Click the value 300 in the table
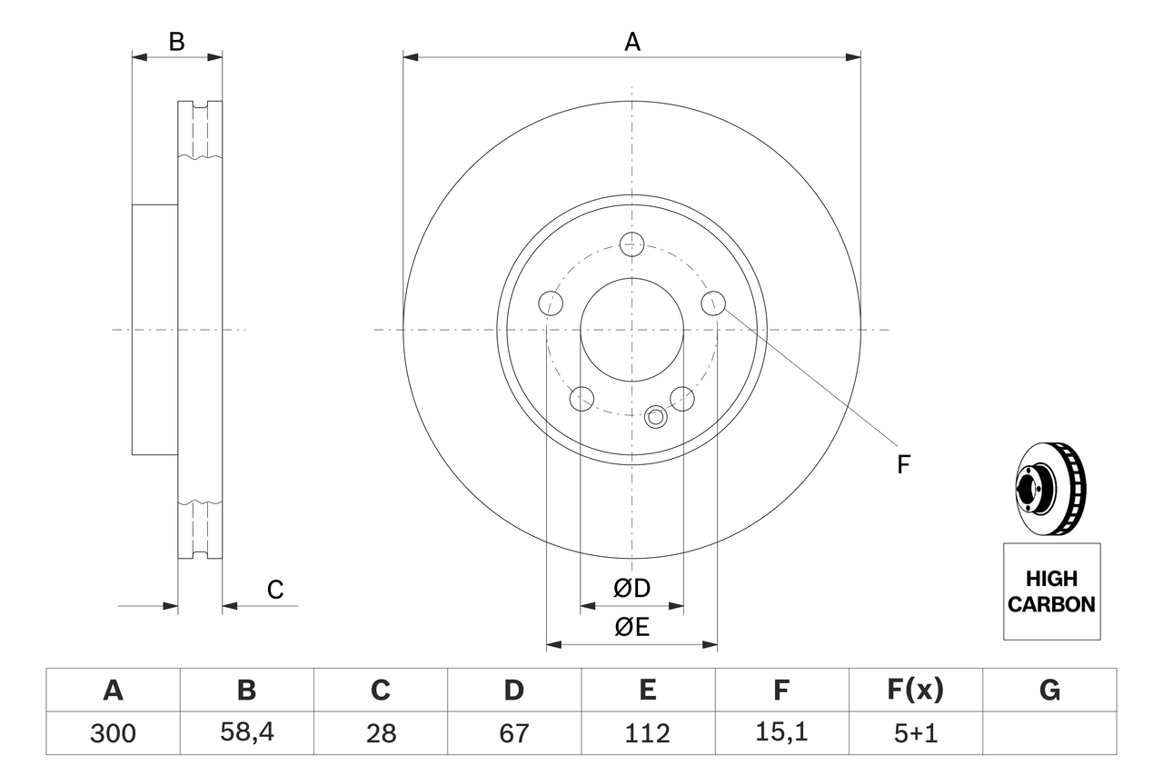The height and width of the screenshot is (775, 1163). (x=113, y=733)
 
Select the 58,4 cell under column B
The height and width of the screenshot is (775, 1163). (x=246, y=733)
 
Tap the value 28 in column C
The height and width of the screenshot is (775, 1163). (x=380, y=733)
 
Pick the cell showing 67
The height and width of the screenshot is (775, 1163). (x=513, y=733)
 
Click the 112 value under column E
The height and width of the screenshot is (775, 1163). (x=647, y=733)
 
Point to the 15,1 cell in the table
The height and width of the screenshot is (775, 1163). (x=780, y=733)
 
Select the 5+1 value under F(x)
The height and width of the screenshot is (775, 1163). (x=914, y=733)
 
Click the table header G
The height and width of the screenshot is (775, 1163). (x=1049, y=691)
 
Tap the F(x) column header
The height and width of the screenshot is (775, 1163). (x=914, y=691)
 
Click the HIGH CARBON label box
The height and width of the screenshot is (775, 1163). (x=1051, y=591)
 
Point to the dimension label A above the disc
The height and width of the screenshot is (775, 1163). (x=631, y=42)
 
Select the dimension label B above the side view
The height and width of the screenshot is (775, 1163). (x=177, y=42)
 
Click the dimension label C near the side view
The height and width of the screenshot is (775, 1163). (x=275, y=590)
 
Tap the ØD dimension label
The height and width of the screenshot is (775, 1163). (x=631, y=589)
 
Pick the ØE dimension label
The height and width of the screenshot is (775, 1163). (x=631, y=628)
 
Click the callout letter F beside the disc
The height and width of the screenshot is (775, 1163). (x=903, y=465)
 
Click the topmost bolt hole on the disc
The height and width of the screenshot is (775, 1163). (x=631, y=243)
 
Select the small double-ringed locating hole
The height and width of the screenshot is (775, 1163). (x=655, y=417)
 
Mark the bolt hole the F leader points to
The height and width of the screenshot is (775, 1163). (x=714, y=303)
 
